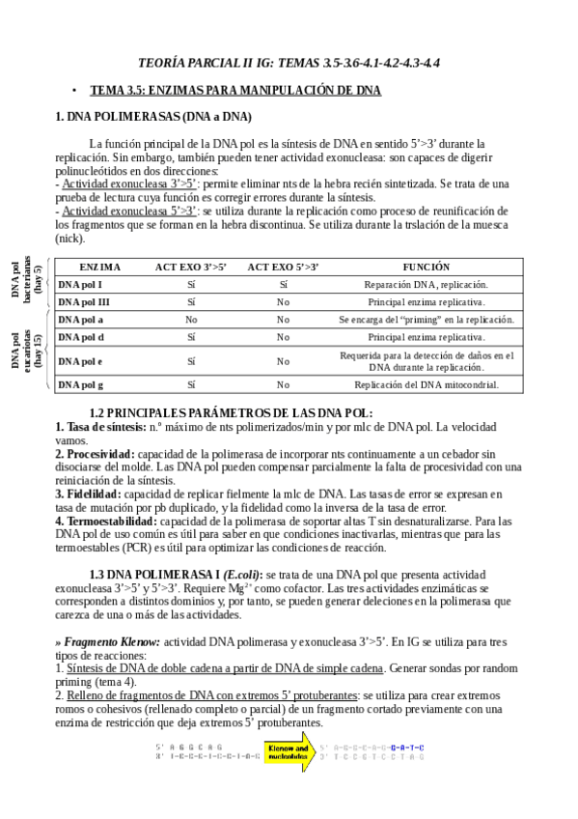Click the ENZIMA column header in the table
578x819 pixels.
click(99, 266)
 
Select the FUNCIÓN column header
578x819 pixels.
click(427, 266)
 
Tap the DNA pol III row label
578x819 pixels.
click(83, 301)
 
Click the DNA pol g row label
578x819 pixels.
click(81, 383)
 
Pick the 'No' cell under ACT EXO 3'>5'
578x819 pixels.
click(191, 319)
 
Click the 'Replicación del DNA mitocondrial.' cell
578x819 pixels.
click(426, 383)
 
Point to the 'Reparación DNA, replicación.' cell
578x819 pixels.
click(426, 284)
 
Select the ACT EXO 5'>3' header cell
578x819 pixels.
click(283, 266)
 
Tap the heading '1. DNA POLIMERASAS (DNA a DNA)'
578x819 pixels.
click(153, 117)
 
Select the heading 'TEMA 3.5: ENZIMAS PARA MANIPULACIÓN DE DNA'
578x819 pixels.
click(235, 90)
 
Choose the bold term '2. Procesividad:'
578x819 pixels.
click(95, 453)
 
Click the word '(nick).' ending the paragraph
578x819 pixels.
click(70, 238)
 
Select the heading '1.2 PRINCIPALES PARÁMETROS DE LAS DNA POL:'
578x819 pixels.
click(231, 412)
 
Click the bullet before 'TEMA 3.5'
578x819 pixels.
click(74, 90)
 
